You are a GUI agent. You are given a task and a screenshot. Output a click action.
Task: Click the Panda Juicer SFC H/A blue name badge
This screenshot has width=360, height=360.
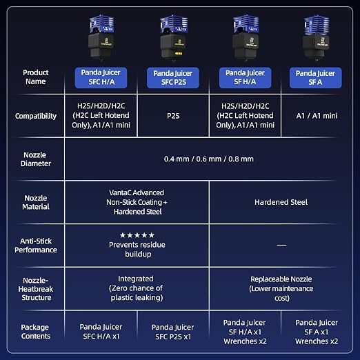coord(101,78)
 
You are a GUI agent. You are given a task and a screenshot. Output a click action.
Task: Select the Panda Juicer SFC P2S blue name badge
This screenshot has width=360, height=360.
coord(173,78)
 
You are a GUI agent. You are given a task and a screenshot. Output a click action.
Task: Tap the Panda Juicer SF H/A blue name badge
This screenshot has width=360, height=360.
coord(245,78)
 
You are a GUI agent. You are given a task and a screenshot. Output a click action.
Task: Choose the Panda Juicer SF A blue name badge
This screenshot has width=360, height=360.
coord(316,78)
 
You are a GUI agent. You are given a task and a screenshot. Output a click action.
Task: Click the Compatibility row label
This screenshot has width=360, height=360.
coord(36,116)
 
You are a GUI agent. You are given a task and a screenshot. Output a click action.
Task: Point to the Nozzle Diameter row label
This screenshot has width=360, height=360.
coord(36,159)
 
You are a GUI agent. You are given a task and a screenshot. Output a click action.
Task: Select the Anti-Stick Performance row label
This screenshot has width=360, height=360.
coord(36,246)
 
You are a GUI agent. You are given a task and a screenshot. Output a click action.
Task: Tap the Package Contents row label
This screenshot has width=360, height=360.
coord(36,332)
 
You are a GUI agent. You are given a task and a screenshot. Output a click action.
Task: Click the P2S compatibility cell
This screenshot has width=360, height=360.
coord(173,116)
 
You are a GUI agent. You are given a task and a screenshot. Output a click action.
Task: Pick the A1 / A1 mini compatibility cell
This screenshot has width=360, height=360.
coord(317,116)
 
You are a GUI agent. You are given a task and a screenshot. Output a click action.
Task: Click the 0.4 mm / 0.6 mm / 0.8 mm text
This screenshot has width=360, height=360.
coord(209,159)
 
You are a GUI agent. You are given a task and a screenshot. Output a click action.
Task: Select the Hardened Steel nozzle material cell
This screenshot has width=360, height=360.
coord(281,202)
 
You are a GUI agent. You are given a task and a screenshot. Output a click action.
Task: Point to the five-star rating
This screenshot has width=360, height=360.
coord(137,235)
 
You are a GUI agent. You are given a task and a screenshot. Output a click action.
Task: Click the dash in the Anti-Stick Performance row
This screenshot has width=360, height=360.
coord(281,245)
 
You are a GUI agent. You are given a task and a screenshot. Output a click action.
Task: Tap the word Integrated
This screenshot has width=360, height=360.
coord(136,279)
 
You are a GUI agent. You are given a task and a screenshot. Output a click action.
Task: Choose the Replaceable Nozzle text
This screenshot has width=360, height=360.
coord(281,279)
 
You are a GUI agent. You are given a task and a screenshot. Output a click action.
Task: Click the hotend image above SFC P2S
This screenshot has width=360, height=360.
coord(174,38)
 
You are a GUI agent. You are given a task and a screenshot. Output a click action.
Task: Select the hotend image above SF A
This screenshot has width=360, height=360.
coord(317,38)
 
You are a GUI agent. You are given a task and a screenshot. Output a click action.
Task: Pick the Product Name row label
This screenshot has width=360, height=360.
coord(36,77)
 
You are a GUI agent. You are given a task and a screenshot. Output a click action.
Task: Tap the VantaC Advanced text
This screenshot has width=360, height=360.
coord(137,192)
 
